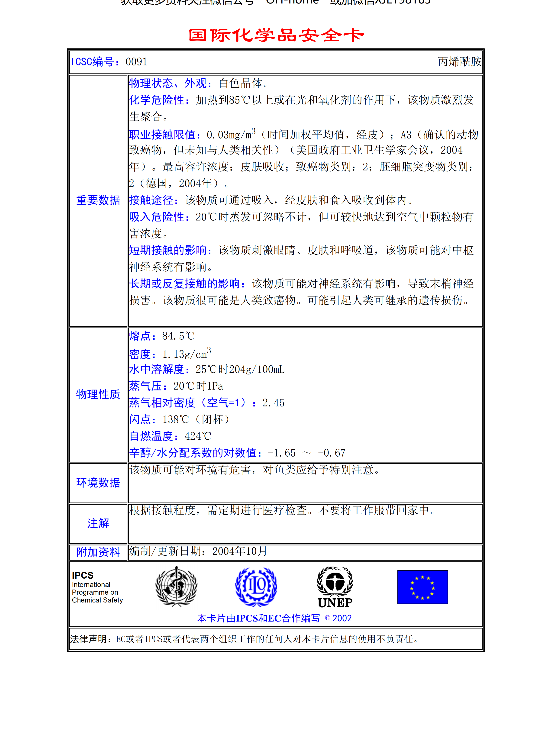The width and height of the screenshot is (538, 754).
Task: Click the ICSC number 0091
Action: click(x=136, y=62)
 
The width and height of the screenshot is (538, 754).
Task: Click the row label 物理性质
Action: click(x=98, y=394)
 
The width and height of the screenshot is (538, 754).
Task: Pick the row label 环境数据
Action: click(x=98, y=483)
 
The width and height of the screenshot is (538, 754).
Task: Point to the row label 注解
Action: click(x=98, y=523)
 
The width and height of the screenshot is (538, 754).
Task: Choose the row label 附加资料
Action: click(x=98, y=552)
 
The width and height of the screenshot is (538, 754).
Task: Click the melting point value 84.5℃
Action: click(x=178, y=336)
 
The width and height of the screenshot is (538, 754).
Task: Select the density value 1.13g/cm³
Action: click(x=186, y=354)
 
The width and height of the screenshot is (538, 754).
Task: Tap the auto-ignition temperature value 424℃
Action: click(x=198, y=436)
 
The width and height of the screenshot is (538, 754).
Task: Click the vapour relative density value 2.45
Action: click(x=273, y=403)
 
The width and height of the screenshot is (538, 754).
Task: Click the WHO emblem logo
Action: click(x=176, y=586)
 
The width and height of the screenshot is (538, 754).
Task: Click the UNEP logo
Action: click(x=335, y=587)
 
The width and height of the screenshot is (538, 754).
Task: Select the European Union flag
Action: click(x=422, y=587)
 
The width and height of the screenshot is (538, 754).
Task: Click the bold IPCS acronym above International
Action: click(x=83, y=575)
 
